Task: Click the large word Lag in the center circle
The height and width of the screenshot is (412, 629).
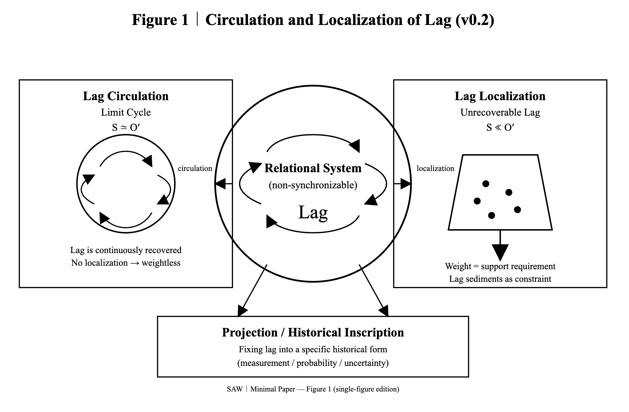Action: point(313,212)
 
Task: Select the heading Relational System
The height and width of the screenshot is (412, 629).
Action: point(313,168)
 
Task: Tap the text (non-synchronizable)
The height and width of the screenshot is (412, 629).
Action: point(313,185)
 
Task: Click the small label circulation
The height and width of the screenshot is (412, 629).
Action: point(195,168)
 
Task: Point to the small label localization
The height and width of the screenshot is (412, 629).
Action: point(435,168)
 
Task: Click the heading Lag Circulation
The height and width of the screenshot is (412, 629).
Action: point(126,96)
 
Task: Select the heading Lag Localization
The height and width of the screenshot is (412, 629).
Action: point(500,96)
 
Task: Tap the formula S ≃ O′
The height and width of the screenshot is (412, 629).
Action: point(126,127)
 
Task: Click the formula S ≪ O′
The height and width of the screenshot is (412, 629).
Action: point(500,127)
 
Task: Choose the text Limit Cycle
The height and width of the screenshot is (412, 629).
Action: point(126,112)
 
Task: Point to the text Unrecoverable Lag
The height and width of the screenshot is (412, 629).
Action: point(500,112)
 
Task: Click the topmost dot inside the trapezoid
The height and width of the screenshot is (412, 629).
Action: point(486,184)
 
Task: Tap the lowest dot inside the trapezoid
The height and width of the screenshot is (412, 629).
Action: point(491,215)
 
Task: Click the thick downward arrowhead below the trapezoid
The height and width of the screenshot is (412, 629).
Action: point(500,252)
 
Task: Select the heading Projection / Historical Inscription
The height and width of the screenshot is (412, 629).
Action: point(313,332)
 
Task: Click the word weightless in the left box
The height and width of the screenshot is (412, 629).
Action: point(161,263)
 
